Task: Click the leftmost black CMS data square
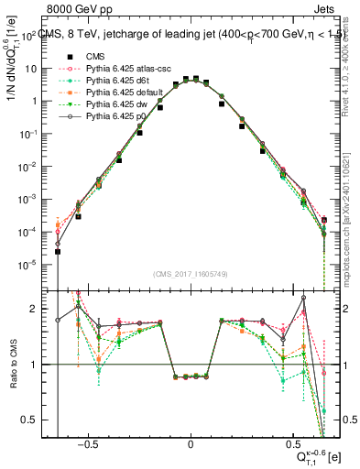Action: (x=58, y=251)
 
